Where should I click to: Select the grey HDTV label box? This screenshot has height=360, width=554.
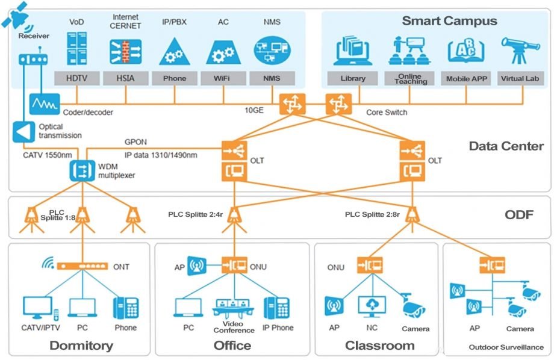[76, 78]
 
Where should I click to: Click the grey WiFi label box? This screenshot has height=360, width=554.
[223, 78]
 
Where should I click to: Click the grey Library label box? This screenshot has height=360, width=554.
[352, 79]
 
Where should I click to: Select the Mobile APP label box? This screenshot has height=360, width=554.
[466, 79]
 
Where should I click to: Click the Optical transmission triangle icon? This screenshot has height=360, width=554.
[25, 131]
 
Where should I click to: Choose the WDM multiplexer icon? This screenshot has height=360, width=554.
[79, 170]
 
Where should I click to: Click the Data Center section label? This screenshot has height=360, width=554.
[506, 146]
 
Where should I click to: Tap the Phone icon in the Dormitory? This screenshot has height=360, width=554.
[126, 307]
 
